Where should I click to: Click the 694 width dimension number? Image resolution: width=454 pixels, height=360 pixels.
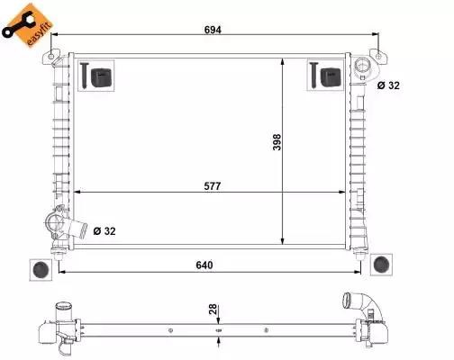click(x=213, y=30)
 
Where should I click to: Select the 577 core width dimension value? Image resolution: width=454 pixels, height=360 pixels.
click(x=213, y=186)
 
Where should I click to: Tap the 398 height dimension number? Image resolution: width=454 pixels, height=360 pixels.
click(x=277, y=142)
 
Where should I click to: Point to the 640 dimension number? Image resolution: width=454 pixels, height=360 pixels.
click(x=204, y=265)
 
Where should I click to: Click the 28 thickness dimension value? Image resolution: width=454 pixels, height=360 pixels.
click(x=213, y=309)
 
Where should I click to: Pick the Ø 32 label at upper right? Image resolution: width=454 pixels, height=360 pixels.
click(x=388, y=85)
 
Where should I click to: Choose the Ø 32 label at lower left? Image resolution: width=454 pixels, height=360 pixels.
click(x=104, y=231)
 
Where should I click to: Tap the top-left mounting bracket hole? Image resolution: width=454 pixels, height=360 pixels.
click(x=51, y=57)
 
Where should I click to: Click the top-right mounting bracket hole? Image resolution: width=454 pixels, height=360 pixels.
click(x=378, y=56)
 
